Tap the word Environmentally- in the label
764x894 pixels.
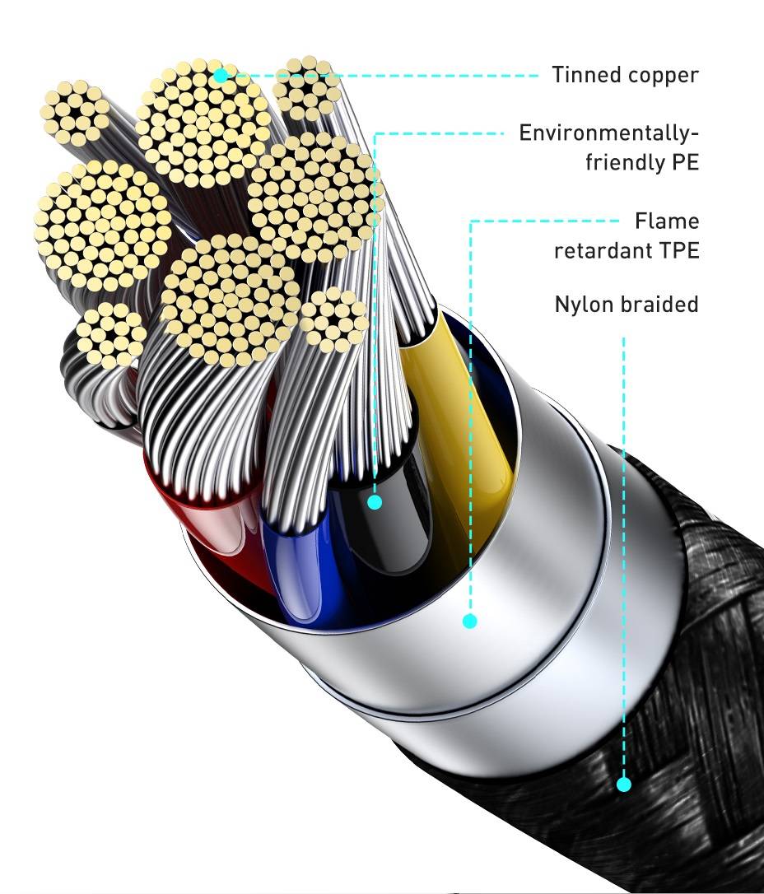pyautogui.click(x=609, y=133)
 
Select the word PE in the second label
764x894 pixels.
pyautogui.click(x=685, y=162)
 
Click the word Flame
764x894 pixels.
pyautogui.click(x=667, y=221)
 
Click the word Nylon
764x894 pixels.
pyautogui.click(x=584, y=305)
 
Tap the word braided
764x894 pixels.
pyautogui.click(x=659, y=304)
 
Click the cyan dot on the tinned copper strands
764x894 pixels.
pyautogui.click(x=220, y=75)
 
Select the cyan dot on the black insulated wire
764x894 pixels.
pyautogui.click(x=375, y=501)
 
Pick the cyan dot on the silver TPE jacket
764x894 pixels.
pyautogui.click(x=469, y=621)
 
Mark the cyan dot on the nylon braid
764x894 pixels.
pyautogui.click(x=624, y=785)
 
